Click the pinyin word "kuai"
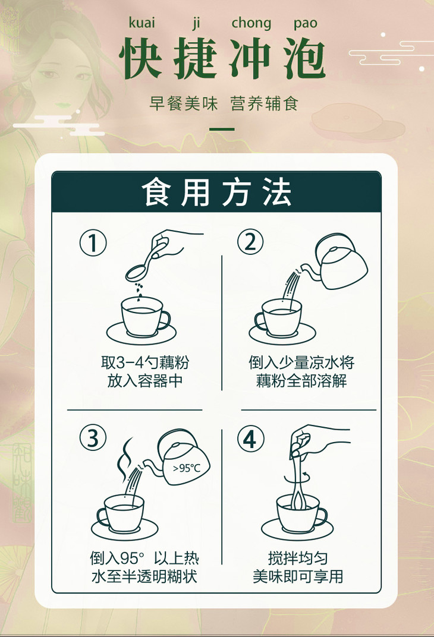(x=142, y=23)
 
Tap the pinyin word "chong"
(x=251, y=24)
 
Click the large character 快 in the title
(x=140, y=58)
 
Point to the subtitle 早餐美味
(x=183, y=103)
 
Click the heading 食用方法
(x=216, y=192)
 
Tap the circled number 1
(x=93, y=243)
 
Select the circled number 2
(x=250, y=242)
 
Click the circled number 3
(x=93, y=437)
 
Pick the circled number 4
(x=250, y=439)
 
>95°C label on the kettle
(x=187, y=468)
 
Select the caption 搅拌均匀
(x=298, y=558)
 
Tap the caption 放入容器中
(x=145, y=381)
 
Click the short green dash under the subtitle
(x=222, y=130)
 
